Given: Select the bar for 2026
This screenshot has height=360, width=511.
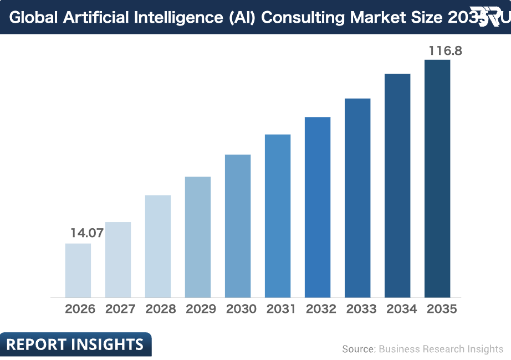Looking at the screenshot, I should pyautogui.click(x=78, y=270).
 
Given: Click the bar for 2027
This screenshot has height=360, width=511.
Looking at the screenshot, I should pyautogui.click(x=118, y=260).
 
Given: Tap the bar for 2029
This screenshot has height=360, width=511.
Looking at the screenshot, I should pyautogui.click(x=198, y=237).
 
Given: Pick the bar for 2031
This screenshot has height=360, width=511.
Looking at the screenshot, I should pyautogui.click(x=278, y=216).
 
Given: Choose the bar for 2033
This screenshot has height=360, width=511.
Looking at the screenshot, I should pyautogui.click(x=357, y=198).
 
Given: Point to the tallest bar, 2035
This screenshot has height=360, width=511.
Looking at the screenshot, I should pyautogui.click(x=437, y=178).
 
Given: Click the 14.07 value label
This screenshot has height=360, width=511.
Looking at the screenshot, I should pyautogui.click(x=87, y=233).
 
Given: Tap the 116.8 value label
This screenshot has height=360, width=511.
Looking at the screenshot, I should pyautogui.click(x=445, y=52).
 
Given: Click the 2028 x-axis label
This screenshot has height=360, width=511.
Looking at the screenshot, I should pyautogui.click(x=160, y=309).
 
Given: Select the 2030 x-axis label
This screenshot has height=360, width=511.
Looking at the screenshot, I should pyautogui.click(x=241, y=309).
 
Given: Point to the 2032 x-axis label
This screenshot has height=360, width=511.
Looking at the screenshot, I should pyautogui.click(x=321, y=309).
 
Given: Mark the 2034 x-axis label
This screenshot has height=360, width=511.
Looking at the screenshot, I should pyautogui.click(x=401, y=309).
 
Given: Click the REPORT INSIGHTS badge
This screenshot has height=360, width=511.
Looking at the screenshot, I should pyautogui.click(x=75, y=344).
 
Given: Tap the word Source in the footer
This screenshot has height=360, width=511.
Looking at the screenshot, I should pyautogui.click(x=357, y=349).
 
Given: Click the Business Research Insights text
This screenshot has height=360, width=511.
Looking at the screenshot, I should pyautogui.click(x=441, y=349).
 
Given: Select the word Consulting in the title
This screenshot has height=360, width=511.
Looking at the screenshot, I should pyautogui.click(x=303, y=18).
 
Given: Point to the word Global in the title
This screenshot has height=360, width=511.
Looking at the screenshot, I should pyautogui.click(x=34, y=18).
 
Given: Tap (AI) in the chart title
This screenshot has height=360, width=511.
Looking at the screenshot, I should pyautogui.click(x=241, y=18).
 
